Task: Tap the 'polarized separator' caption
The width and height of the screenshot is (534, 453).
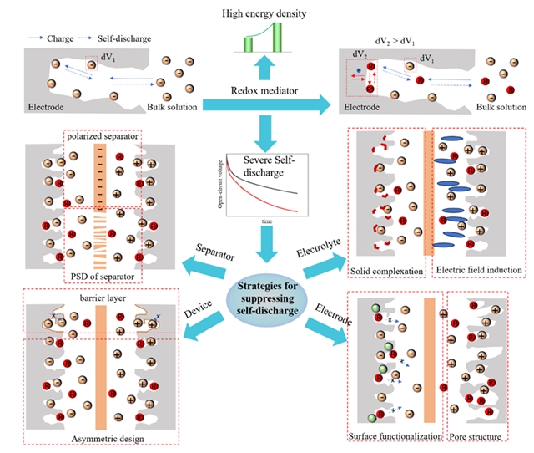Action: tap(101, 136)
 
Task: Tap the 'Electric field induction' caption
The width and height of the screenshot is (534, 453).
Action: tap(479, 270)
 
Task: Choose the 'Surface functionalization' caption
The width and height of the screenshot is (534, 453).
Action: tap(394, 437)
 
